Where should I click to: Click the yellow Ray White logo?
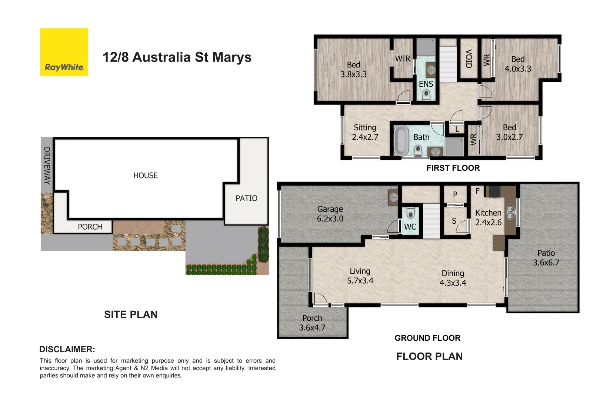(64, 52)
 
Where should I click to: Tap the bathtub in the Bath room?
(401, 141)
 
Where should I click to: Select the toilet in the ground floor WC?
(410, 214)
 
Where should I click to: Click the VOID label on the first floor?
(469, 59)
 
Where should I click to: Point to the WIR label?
(403, 59)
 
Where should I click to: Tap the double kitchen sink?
(511, 212)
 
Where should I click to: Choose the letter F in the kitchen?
(477, 191)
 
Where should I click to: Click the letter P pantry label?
(455, 194)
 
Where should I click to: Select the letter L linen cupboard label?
(457, 129)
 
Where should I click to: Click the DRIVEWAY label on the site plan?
(47, 166)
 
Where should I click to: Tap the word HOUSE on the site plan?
(146, 176)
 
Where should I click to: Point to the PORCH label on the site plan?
(90, 227)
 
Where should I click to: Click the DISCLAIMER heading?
(67, 349)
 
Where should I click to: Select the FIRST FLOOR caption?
(453, 168)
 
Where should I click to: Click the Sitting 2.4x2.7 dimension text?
(365, 132)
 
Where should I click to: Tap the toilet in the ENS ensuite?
(426, 95)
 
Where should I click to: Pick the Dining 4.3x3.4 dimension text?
(453, 278)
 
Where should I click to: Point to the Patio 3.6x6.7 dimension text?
(546, 258)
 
